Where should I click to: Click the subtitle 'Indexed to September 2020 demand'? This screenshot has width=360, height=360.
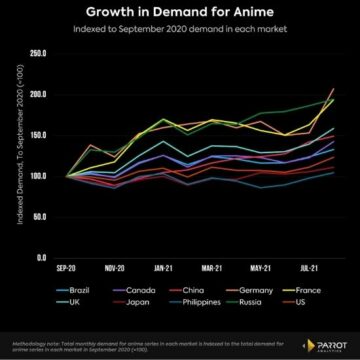tap(180, 31)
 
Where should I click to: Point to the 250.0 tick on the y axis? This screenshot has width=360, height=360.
tap(41, 53)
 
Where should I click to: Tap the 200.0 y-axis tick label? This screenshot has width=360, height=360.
tap(41, 94)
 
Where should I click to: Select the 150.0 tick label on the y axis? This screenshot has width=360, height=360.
tap(41, 135)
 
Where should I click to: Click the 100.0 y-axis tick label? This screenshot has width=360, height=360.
tap(41, 176)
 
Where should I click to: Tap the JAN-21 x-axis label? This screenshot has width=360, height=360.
tap(165, 269)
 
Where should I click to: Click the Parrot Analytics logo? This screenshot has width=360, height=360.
tap(325, 345)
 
